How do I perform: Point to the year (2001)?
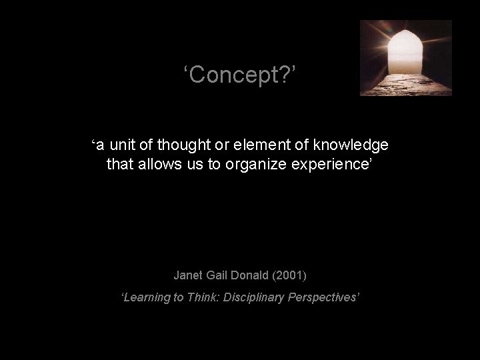293,275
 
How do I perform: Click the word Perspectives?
324,297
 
